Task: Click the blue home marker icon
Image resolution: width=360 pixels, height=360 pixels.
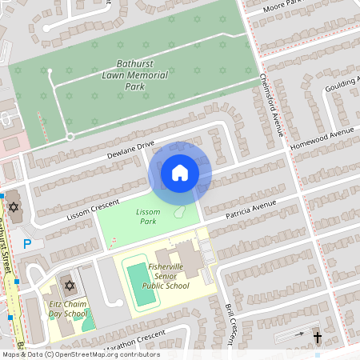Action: [180, 172]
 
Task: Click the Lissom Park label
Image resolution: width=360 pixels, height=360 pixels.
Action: [148, 216]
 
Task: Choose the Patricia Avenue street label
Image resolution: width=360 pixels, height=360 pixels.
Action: [250, 209]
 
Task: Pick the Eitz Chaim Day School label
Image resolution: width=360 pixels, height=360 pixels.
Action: [68, 310]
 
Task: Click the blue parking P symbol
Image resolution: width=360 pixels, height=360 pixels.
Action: [27, 243]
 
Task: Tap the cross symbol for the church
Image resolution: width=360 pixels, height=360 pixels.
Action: [317, 338]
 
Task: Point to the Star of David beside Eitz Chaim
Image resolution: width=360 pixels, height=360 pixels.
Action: [69, 286]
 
